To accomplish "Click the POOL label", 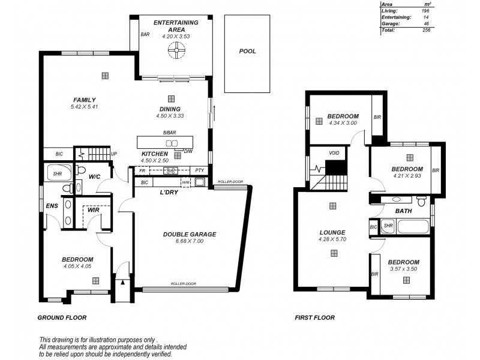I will click(x=247, y=52).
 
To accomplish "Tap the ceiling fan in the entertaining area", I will click(x=171, y=52).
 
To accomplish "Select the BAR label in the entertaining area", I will click(x=145, y=35).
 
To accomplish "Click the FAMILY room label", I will click(x=85, y=100).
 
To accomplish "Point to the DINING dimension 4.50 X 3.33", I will click(x=169, y=116).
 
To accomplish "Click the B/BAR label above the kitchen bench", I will click(x=169, y=132).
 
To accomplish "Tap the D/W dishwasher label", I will click(x=188, y=151).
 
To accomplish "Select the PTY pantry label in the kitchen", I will click(x=200, y=171).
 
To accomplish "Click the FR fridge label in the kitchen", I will click(x=143, y=171).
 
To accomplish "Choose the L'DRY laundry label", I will click(x=171, y=193).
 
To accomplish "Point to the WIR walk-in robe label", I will click(x=92, y=211).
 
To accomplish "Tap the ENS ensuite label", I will click(x=52, y=206).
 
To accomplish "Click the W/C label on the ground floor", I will click(x=94, y=177).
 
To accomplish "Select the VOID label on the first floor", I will click(x=334, y=153).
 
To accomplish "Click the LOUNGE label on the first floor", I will click(x=332, y=232).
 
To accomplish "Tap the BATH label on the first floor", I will click(x=403, y=211).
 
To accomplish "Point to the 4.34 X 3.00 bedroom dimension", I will click(x=343, y=124).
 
